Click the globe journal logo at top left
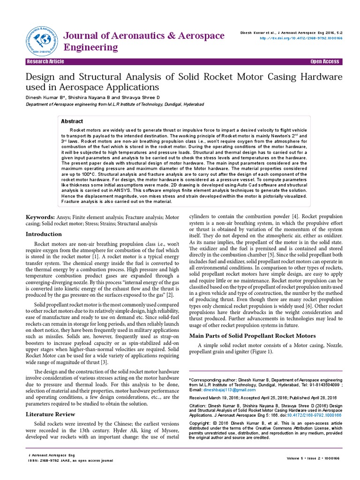[x=39, y=38]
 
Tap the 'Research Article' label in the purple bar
[x=45, y=62]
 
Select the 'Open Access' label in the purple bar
[x=324, y=62]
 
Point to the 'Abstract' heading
[x=72, y=121]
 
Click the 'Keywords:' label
[x=41, y=217]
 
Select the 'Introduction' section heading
[x=44, y=234]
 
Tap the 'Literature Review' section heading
[x=50, y=414]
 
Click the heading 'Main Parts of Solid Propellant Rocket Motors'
[x=252, y=336]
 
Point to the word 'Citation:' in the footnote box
[x=197, y=405]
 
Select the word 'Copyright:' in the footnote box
[x=200, y=422]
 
